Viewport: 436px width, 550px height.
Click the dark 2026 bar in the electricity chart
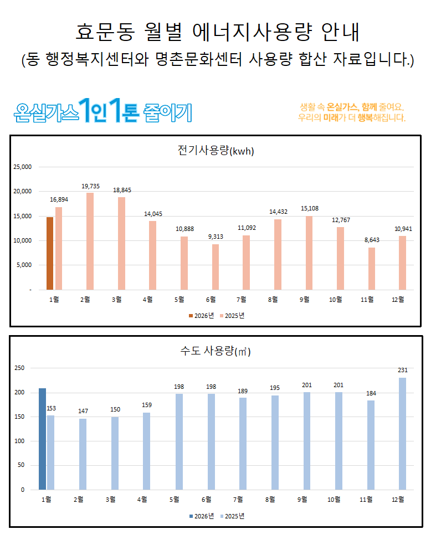[50, 253]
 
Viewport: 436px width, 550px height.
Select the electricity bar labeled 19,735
[90, 241]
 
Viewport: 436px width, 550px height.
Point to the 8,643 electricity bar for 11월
[371, 269]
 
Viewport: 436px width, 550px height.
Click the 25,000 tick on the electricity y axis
[23, 167]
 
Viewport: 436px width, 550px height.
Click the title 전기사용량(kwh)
[216, 151]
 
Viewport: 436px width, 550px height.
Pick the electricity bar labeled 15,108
[309, 253]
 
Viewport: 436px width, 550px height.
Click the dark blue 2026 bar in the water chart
[42, 439]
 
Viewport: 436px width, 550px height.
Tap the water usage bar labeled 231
[403, 434]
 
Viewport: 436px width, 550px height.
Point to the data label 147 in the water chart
[82, 412]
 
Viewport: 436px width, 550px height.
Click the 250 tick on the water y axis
[19, 368]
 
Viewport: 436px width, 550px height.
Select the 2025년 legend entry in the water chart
[233, 516]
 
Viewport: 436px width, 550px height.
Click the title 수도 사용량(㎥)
[216, 351]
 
